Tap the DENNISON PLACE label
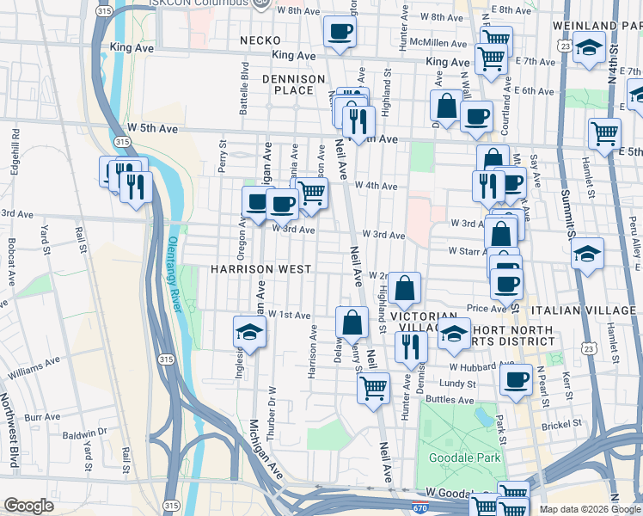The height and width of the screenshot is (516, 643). (x=294, y=84)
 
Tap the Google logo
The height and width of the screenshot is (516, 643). (x=28, y=506)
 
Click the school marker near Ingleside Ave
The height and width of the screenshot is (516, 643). (x=249, y=332)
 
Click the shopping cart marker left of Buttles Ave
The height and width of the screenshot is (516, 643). (x=373, y=387)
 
